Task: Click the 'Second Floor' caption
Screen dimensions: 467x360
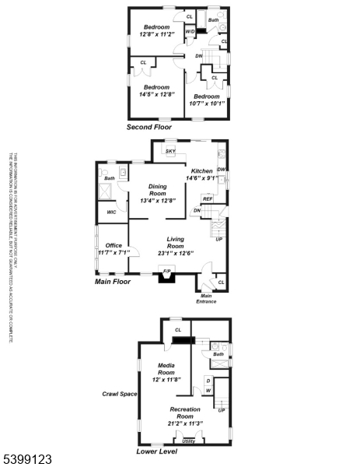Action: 149,126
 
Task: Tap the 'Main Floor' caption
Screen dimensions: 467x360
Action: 112,282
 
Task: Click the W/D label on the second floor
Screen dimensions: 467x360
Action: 190,32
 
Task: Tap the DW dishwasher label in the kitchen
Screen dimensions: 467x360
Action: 222,170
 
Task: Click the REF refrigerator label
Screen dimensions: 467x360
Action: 208,198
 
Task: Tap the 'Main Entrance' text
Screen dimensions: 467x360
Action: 207,298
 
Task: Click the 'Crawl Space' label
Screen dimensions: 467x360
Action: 120,394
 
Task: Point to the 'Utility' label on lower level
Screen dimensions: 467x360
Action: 189,441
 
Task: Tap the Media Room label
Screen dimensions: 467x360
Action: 166,368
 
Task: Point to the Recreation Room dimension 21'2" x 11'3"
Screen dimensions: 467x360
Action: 184,423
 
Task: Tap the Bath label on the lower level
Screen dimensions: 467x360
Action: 218,354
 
